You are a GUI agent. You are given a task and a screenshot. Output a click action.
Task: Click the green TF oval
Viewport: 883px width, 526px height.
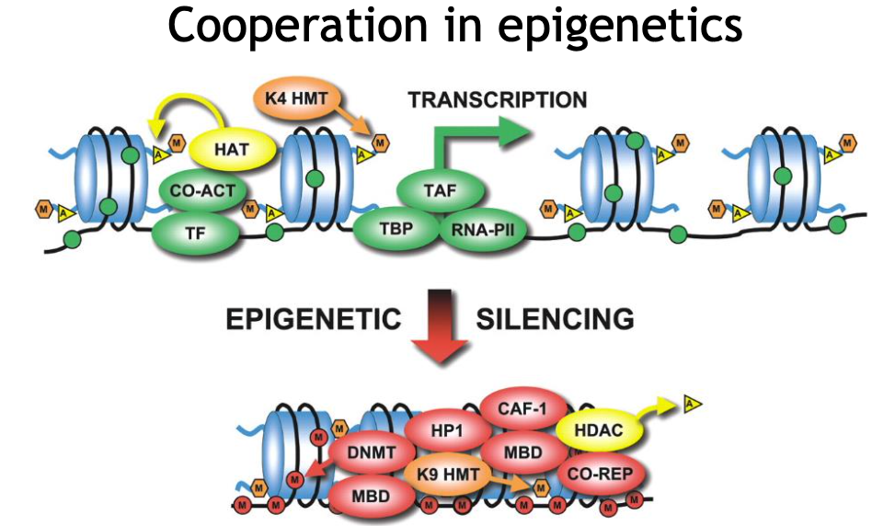[x=195, y=231]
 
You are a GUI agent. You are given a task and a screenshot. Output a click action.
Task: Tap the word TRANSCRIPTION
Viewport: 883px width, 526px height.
[x=498, y=99]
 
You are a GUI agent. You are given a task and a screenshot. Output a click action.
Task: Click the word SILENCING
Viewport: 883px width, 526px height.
[x=555, y=320]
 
